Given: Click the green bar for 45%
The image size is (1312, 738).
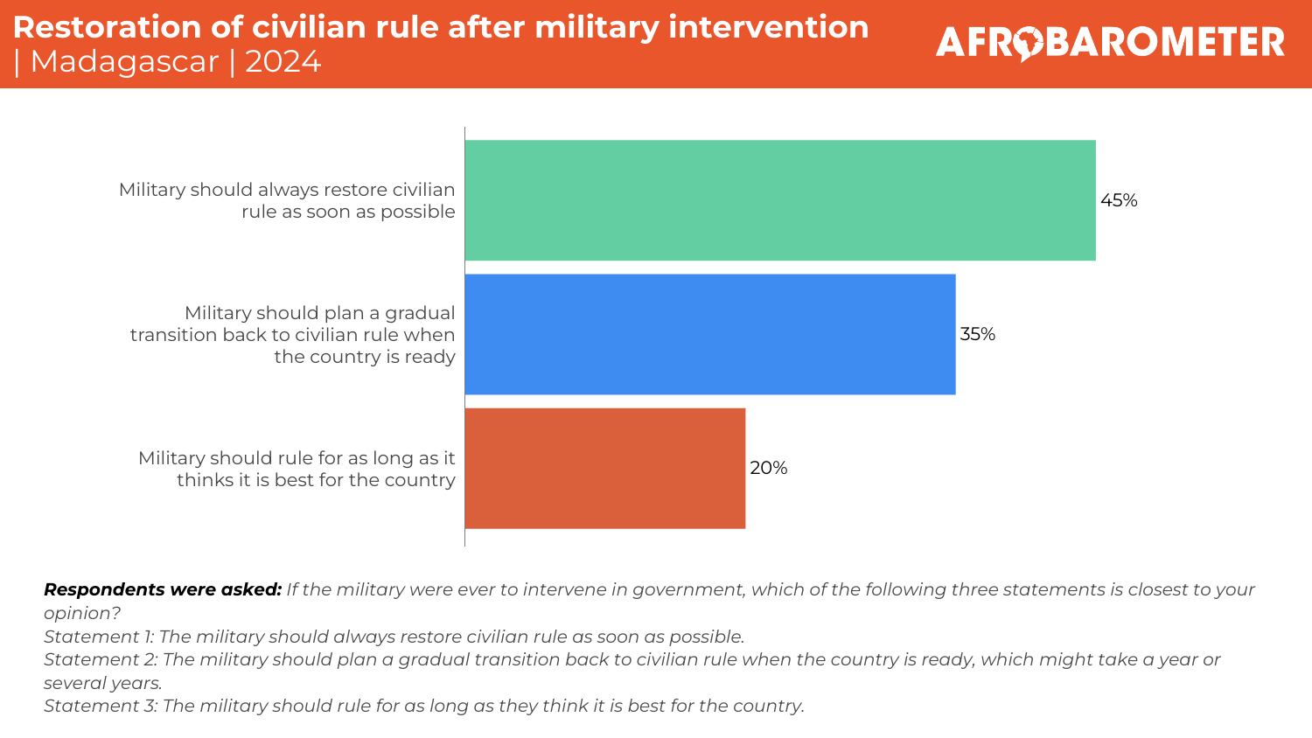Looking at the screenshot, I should pos(779,200).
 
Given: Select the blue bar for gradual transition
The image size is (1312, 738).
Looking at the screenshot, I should pos(709,334).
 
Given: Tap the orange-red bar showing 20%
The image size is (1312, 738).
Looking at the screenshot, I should pos(604,468).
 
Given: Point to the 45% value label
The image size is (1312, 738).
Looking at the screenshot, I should pos(1119,200).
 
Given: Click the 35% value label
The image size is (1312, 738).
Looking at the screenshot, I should pos(978,334).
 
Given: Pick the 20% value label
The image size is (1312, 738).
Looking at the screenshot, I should pos(769,468).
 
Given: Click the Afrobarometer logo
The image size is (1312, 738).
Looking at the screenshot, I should pos(1110,42).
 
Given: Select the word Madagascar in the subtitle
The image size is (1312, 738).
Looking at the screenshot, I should pos(124,62).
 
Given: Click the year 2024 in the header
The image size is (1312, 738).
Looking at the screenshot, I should pos(283,62).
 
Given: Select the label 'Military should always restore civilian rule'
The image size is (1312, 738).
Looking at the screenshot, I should pos(287,200).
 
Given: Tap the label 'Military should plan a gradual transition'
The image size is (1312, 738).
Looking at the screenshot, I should pos(293,334).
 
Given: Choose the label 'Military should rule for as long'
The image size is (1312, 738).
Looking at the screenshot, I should pos(297,469).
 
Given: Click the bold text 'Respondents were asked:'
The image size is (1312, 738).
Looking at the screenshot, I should pos(163,589).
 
